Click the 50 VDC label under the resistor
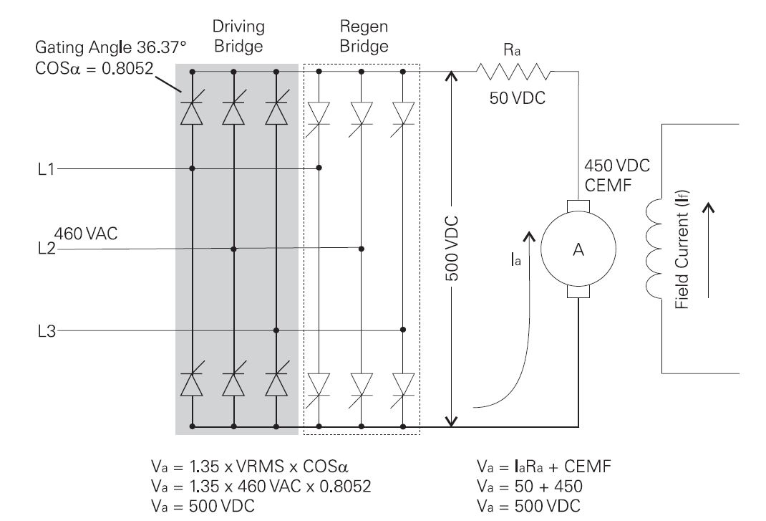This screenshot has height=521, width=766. coord(518,99)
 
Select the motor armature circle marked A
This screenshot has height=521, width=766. coord(576,249)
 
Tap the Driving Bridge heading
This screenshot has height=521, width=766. coord(238,37)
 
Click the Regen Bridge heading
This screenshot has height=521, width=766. coord(363,37)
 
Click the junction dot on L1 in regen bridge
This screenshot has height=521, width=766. coord(319,168)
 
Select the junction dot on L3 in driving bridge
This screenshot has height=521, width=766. coord(276,330)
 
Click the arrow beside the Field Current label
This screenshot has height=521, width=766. coord(709,250)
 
